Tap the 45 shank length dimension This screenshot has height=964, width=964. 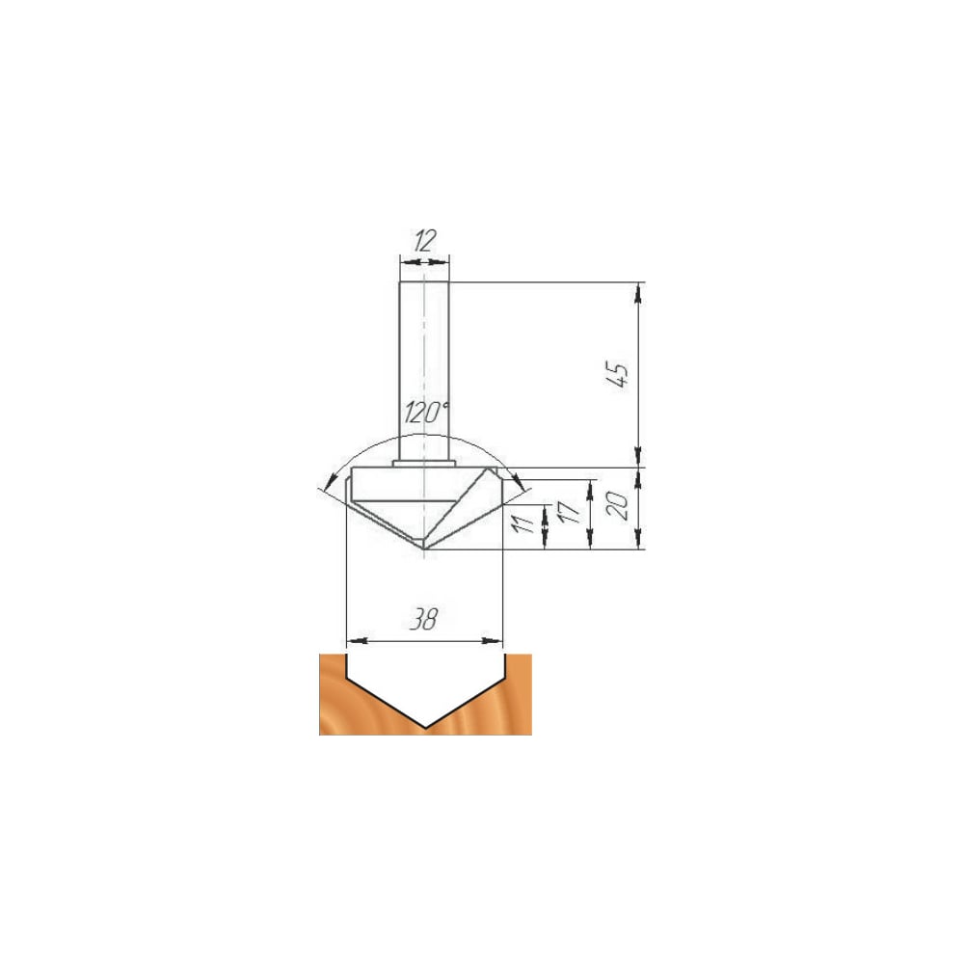point(618,375)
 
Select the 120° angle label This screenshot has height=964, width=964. point(427,414)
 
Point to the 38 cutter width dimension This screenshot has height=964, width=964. point(424,619)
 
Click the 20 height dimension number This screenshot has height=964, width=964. point(619,507)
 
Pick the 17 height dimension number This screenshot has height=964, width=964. point(570,512)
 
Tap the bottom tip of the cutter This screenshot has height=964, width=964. point(425,549)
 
